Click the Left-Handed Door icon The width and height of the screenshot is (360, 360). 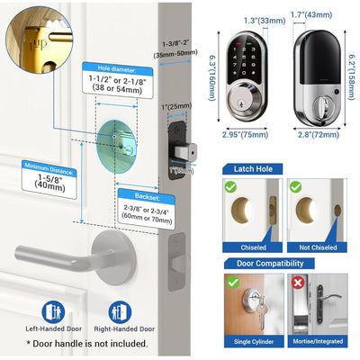(x=53, y=312)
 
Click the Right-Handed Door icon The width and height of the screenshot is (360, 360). (x=119, y=312)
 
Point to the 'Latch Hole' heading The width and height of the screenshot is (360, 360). (x=253, y=168)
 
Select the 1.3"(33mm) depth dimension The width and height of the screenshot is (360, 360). (x=238, y=18)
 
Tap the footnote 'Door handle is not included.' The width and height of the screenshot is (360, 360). (x=90, y=343)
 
